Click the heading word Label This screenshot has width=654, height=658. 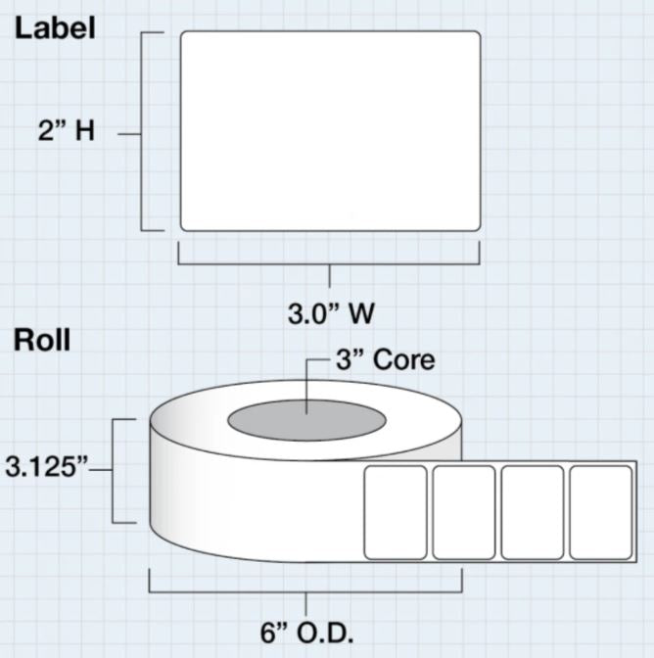tap(54, 27)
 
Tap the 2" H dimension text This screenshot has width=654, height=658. tap(66, 131)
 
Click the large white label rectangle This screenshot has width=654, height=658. tap(330, 131)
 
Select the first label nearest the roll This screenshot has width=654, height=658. tap(396, 512)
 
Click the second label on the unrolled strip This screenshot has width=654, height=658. tap(464, 512)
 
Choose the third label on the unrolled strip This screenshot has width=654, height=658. tap(533, 512)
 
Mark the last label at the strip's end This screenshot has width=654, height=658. tap(600, 512)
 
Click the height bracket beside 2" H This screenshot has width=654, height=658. tap(144, 131)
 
